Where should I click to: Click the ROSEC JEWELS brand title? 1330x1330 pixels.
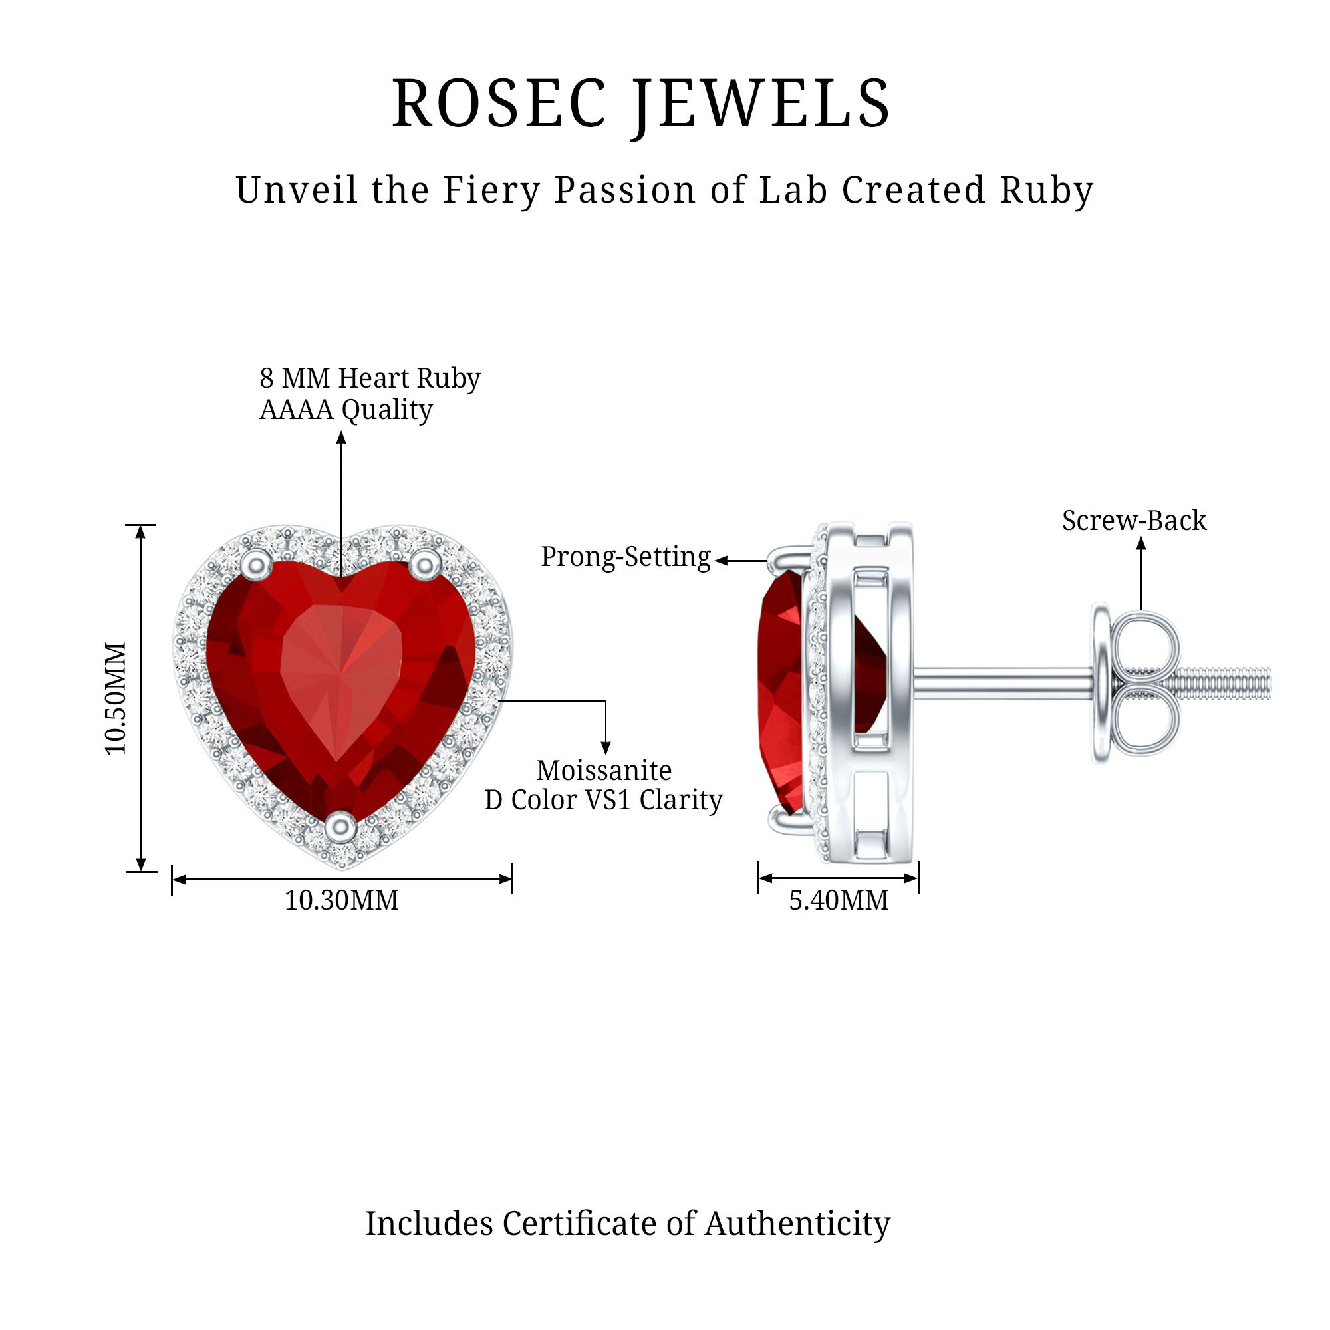[641, 104]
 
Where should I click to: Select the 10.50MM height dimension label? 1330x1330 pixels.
[116, 698]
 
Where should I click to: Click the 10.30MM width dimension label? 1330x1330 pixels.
[341, 900]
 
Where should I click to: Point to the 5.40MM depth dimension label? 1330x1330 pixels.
[839, 900]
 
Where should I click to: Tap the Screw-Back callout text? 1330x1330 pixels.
[1134, 521]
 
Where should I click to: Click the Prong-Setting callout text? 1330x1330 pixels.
[626, 557]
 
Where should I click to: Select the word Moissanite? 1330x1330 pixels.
[604, 769]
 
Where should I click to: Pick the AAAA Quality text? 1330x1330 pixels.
[346, 410]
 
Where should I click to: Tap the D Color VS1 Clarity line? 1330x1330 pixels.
[604, 800]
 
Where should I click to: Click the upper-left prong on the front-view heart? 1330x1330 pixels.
[257, 564]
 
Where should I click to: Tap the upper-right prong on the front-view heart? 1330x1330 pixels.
[425, 564]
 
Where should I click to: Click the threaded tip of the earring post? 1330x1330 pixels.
[1226, 684]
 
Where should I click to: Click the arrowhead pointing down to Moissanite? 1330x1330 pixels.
[606, 748]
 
